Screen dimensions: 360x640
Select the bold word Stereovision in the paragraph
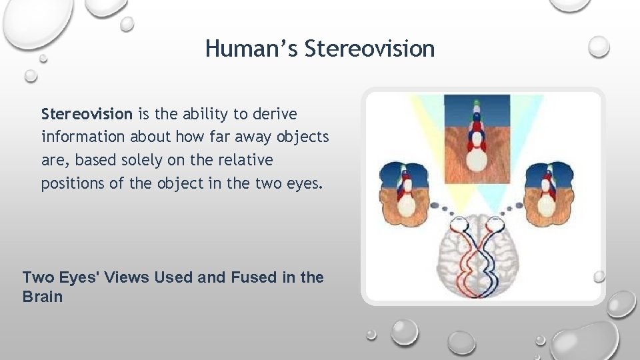pyautogui.click(x=87, y=114)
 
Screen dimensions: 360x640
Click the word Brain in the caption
pyautogui.click(x=42, y=297)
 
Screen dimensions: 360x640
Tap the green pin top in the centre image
pyautogui.click(x=476, y=104)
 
